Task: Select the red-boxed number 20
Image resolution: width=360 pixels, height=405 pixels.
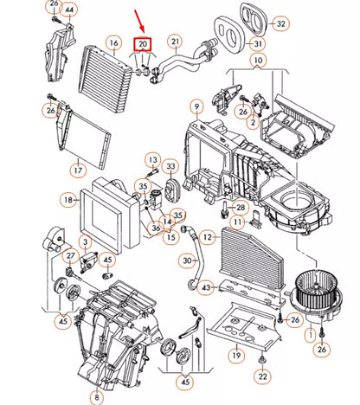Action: click(140, 43)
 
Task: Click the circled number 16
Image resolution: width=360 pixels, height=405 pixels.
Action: click(113, 42)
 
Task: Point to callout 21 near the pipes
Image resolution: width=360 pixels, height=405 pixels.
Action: click(175, 42)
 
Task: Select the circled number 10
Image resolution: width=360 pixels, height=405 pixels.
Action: click(258, 61)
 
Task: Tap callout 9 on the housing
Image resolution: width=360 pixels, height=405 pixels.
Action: click(197, 108)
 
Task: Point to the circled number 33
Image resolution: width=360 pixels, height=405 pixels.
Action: click(170, 167)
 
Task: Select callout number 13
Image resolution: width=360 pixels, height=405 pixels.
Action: click(152, 161)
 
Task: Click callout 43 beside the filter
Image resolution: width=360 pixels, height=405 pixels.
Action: click(205, 286)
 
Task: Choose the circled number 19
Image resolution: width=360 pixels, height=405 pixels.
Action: click(235, 353)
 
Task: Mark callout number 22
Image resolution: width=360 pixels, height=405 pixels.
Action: click(262, 376)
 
